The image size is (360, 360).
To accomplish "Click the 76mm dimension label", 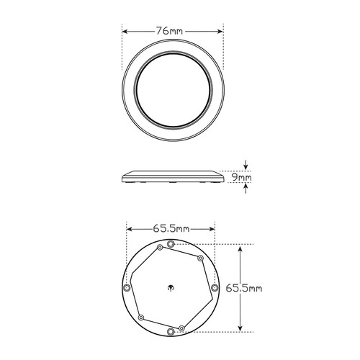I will (x=174, y=31).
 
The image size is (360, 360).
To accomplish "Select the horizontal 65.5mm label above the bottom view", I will (x=171, y=228).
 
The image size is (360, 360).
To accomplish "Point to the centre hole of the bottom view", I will (x=171, y=285).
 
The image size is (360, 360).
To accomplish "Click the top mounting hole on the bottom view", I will (x=170, y=246).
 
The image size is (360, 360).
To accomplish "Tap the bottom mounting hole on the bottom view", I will (x=171, y=330).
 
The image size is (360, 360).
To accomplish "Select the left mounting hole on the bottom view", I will (x=128, y=287).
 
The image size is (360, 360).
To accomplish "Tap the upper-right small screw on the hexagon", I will (x=199, y=257).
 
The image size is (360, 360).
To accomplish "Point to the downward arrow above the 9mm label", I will (x=245, y=165).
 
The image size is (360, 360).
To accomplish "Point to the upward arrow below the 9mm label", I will (x=245, y=189).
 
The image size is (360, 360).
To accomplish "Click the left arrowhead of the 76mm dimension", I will (x=125, y=31).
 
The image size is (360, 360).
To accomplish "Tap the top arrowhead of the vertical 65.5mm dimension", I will (x=241, y=246).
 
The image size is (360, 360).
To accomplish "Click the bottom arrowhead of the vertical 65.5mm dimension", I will (x=241, y=330).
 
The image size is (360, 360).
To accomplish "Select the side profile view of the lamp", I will (x=172, y=176).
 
